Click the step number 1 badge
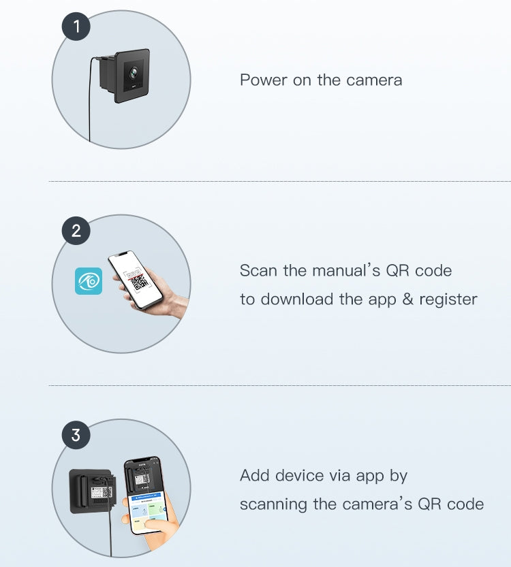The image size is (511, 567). pyautogui.click(x=76, y=26)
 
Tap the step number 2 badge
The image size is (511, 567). pyautogui.click(x=76, y=231)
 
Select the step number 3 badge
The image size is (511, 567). pyautogui.click(x=76, y=435)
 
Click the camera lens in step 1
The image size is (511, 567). pyautogui.click(x=133, y=74)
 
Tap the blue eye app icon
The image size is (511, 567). pyautogui.click(x=89, y=281)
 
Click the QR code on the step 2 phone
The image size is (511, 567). pyautogui.click(x=139, y=282)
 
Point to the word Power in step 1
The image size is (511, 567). pyautogui.click(x=263, y=80)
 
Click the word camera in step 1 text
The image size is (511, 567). pyautogui.click(x=374, y=80)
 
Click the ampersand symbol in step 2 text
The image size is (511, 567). pyautogui.click(x=408, y=299)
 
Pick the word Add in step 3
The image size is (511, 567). pyautogui.click(x=254, y=476)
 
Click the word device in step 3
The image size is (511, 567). pyautogui.click(x=299, y=476)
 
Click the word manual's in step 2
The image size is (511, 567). pyautogui.click(x=346, y=270)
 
